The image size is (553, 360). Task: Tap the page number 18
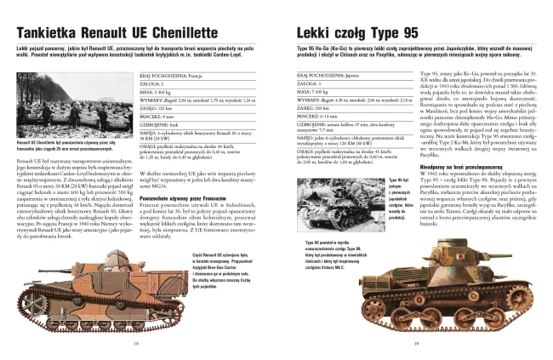click(136, 343)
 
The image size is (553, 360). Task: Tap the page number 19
click(418, 343)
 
